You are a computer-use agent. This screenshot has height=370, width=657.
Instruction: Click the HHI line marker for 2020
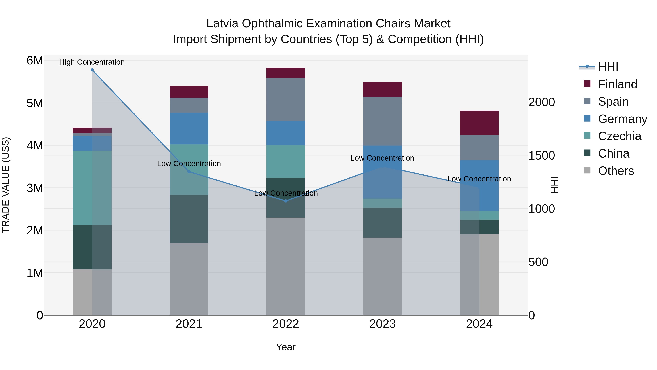(x=92, y=70)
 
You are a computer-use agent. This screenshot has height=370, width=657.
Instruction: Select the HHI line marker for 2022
(x=286, y=201)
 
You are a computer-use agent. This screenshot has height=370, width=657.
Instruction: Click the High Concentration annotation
(x=92, y=62)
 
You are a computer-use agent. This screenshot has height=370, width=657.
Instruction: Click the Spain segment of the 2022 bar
(x=286, y=99)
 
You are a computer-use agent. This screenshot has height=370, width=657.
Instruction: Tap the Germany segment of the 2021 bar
(x=189, y=128)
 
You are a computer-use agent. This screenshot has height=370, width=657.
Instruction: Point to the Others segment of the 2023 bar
(x=382, y=276)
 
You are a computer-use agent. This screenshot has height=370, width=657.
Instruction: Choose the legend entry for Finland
(x=617, y=84)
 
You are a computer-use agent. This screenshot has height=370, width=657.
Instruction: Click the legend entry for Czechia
(x=619, y=136)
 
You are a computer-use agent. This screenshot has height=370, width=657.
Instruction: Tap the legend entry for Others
(x=616, y=171)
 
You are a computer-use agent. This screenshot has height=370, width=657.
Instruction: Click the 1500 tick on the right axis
(x=541, y=155)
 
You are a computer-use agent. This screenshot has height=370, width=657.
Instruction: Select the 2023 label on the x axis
(x=382, y=324)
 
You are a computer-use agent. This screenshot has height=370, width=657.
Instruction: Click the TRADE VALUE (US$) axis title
(x=6, y=185)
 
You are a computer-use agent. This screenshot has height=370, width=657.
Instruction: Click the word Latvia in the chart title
(x=222, y=24)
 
